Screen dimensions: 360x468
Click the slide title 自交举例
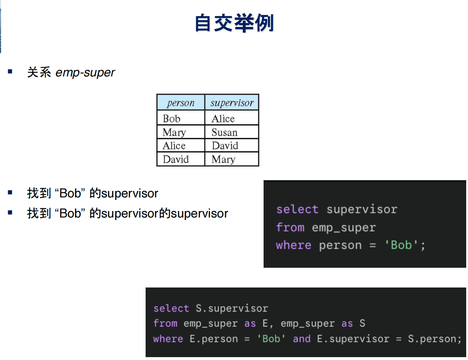[x=234, y=23]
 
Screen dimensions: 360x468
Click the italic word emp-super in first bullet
[x=85, y=73]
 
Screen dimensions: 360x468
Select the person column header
[x=181, y=103]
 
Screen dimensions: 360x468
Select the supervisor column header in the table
[x=232, y=103]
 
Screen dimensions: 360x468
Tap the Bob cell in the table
[x=171, y=118]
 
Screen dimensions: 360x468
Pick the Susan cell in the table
[x=224, y=132]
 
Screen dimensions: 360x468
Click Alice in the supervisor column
[x=223, y=118]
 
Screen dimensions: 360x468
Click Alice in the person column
[x=174, y=146]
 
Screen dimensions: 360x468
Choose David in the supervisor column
[x=225, y=146]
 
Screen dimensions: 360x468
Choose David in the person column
[x=176, y=159]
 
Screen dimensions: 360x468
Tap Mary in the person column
[x=174, y=132]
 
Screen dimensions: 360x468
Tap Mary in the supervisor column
[x=223, y=159]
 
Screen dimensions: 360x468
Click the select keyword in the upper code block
[x=297, y=209]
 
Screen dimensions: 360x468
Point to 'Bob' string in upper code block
[x=401, y=245]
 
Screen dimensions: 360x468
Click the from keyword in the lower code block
[x=165, y=323]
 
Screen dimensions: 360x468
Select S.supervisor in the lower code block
[x=232, y=308]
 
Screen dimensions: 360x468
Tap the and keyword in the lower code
[x=302, y=339]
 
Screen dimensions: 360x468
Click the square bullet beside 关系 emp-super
[x=10, y=71]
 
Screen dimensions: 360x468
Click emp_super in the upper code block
[x=344, y=228]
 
